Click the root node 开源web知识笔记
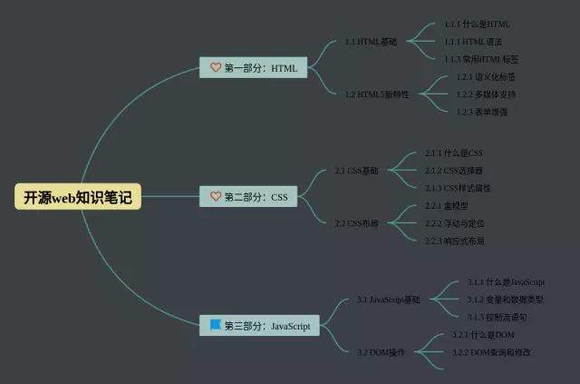(x=79, y=197)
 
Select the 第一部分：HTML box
(x=254, y=67)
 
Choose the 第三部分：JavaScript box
(x=259, y=325)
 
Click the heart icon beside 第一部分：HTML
(x=216, y=67)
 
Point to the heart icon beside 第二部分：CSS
(x=216, y=196)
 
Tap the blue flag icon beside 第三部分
(x=216, y=324)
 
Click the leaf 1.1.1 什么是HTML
(x=477, y=25)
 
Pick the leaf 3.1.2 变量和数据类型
(x=505, y=300)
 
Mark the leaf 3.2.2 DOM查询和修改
(x=491, y=351)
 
